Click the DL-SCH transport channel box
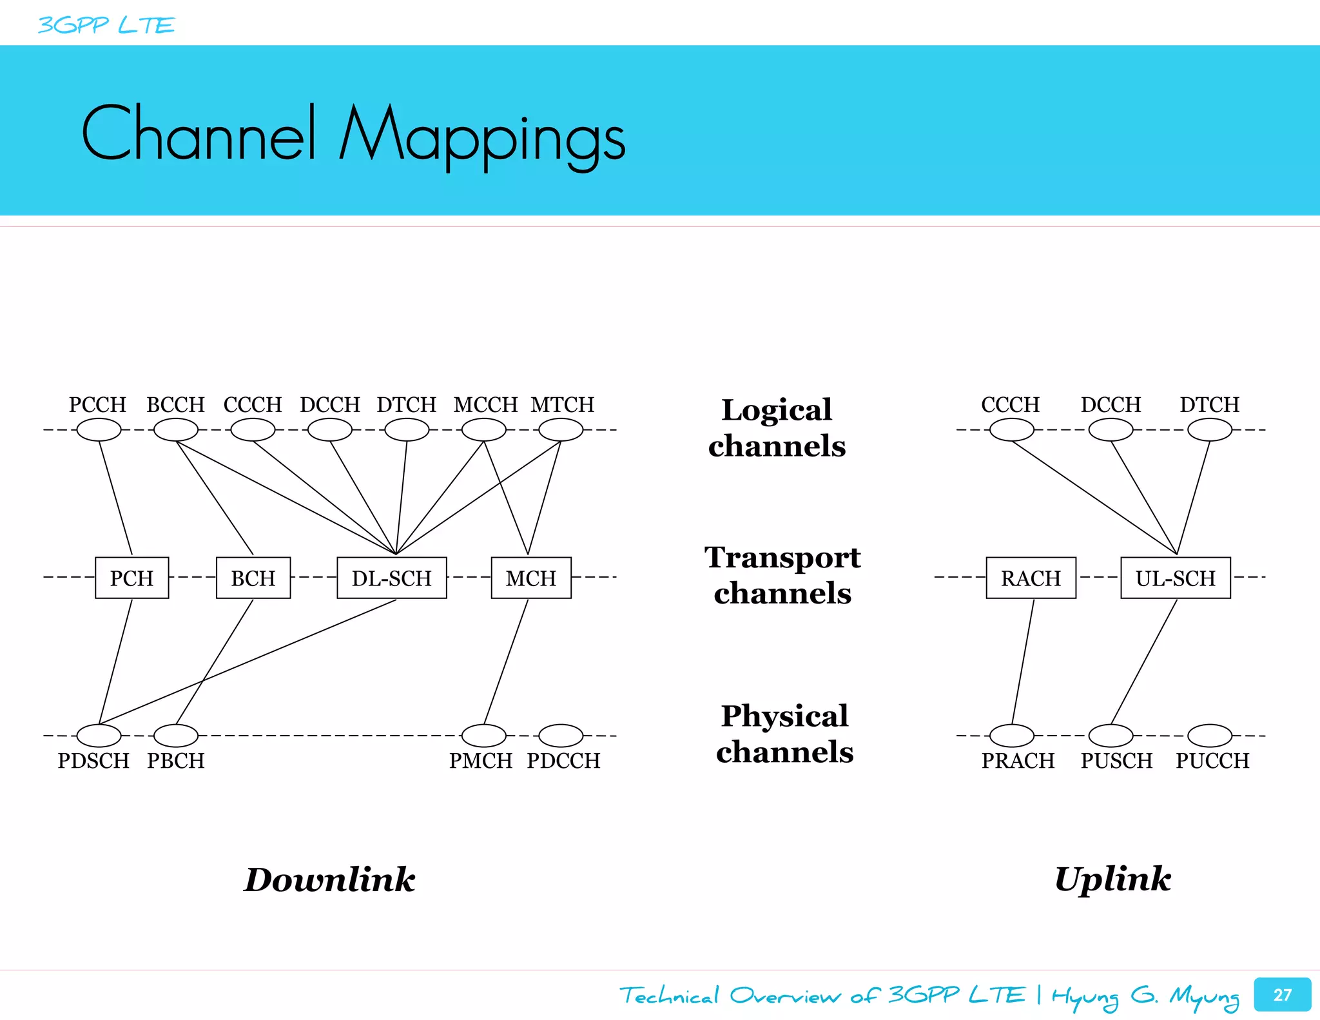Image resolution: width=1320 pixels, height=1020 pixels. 391,578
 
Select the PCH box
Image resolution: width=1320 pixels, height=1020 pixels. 131,578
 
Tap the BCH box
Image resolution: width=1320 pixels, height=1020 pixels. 253,578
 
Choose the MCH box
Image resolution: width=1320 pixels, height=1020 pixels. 530,578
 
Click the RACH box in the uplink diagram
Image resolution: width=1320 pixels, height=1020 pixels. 1031,578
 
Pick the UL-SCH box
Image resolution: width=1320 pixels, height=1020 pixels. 1175,578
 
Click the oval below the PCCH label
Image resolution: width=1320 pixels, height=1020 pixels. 99,429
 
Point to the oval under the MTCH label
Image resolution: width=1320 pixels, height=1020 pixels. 561,429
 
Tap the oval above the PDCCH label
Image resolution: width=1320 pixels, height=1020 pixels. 561,735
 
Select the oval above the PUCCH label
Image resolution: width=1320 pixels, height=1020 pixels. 1209,735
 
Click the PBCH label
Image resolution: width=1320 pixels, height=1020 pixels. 175,761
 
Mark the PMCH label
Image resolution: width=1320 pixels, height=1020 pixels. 481,761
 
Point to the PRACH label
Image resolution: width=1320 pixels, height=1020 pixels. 1018,761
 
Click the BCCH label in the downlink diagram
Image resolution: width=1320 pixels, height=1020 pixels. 175,404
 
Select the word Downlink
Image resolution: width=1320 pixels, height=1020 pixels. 329,879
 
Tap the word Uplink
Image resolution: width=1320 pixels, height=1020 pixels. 1112,879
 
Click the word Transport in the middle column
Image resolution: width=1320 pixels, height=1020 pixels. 782,557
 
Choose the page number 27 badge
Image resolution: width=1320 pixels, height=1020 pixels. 1282,994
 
